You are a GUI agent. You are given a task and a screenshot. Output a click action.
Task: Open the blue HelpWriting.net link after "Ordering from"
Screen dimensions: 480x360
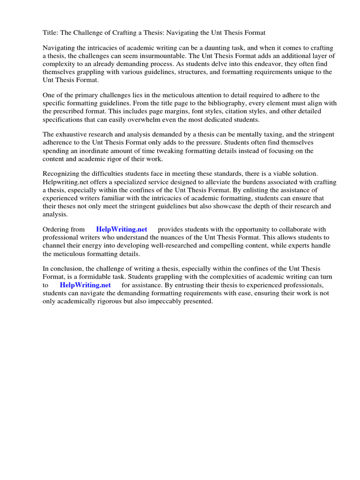pyautogui.click(x=121, y=229)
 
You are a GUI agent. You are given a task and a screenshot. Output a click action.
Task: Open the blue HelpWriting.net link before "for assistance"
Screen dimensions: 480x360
pyautogui.click(x=85, y=285)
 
